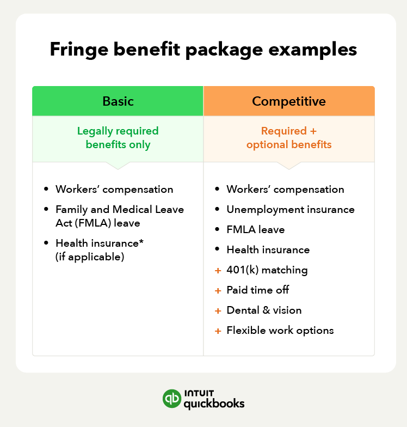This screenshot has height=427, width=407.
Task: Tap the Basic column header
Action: click(x=118, y=101)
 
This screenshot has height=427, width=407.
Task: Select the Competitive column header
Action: click(x=289, y=101)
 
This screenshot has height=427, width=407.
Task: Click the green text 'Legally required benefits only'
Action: click(x=118, y=138)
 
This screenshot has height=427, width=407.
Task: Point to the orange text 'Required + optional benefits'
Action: click(x=289, y=138)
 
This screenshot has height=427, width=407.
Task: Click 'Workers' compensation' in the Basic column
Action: click(x=114, y=190)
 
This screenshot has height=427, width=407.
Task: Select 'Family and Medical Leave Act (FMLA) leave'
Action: click(x=120, y=216)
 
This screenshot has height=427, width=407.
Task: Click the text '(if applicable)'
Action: click(x=90, y=256)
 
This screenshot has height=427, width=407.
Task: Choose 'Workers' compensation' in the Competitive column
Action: click(x=285, y=190)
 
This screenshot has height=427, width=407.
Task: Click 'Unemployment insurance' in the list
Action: click(x=291, y=210)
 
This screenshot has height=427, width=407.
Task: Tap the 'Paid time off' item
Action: click(x=258, y=290)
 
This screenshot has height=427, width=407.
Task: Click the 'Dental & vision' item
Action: click(x=264, y=310)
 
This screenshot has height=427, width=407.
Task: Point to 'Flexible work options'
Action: click(x=280, y=331)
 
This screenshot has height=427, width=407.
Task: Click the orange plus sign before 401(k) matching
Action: click(x=218, y=270)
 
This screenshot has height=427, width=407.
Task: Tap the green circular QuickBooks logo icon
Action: click(x=172, y=398)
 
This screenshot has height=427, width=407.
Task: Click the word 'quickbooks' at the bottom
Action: click(x=214, y=404)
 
